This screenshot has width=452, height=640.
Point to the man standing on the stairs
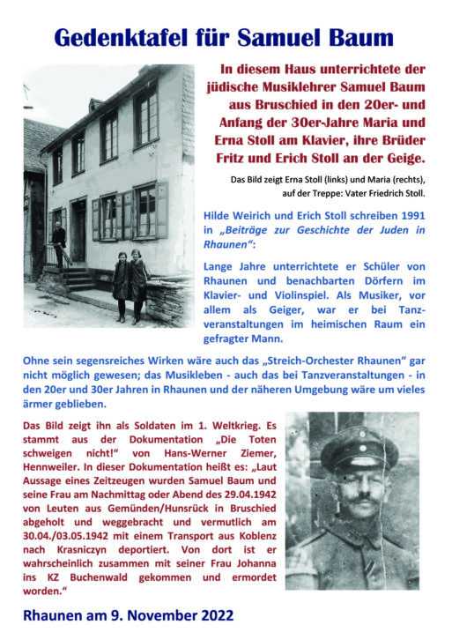58,242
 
